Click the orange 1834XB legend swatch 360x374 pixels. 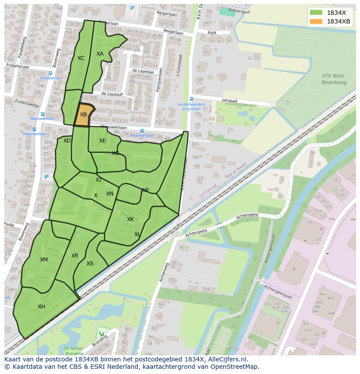[316, 21]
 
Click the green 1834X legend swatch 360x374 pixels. [316, 12]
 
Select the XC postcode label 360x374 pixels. [81, 58]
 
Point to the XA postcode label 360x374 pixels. [100, 54]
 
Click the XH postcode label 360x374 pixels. [41, 307]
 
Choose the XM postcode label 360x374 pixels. [44, 260]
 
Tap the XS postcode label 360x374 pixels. [90, 264]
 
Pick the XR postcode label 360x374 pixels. [75, 256]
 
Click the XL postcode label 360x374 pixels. [137, 235]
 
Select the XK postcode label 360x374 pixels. [130, 219]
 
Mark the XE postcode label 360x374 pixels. [102, 141]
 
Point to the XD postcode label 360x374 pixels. [67, 141]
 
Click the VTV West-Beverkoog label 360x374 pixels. [333, 79]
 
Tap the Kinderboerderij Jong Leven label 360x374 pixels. [190, 107]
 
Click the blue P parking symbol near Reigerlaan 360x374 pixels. [132, 8]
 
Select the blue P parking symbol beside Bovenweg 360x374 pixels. [47, 177]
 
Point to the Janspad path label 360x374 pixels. [228, 99]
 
